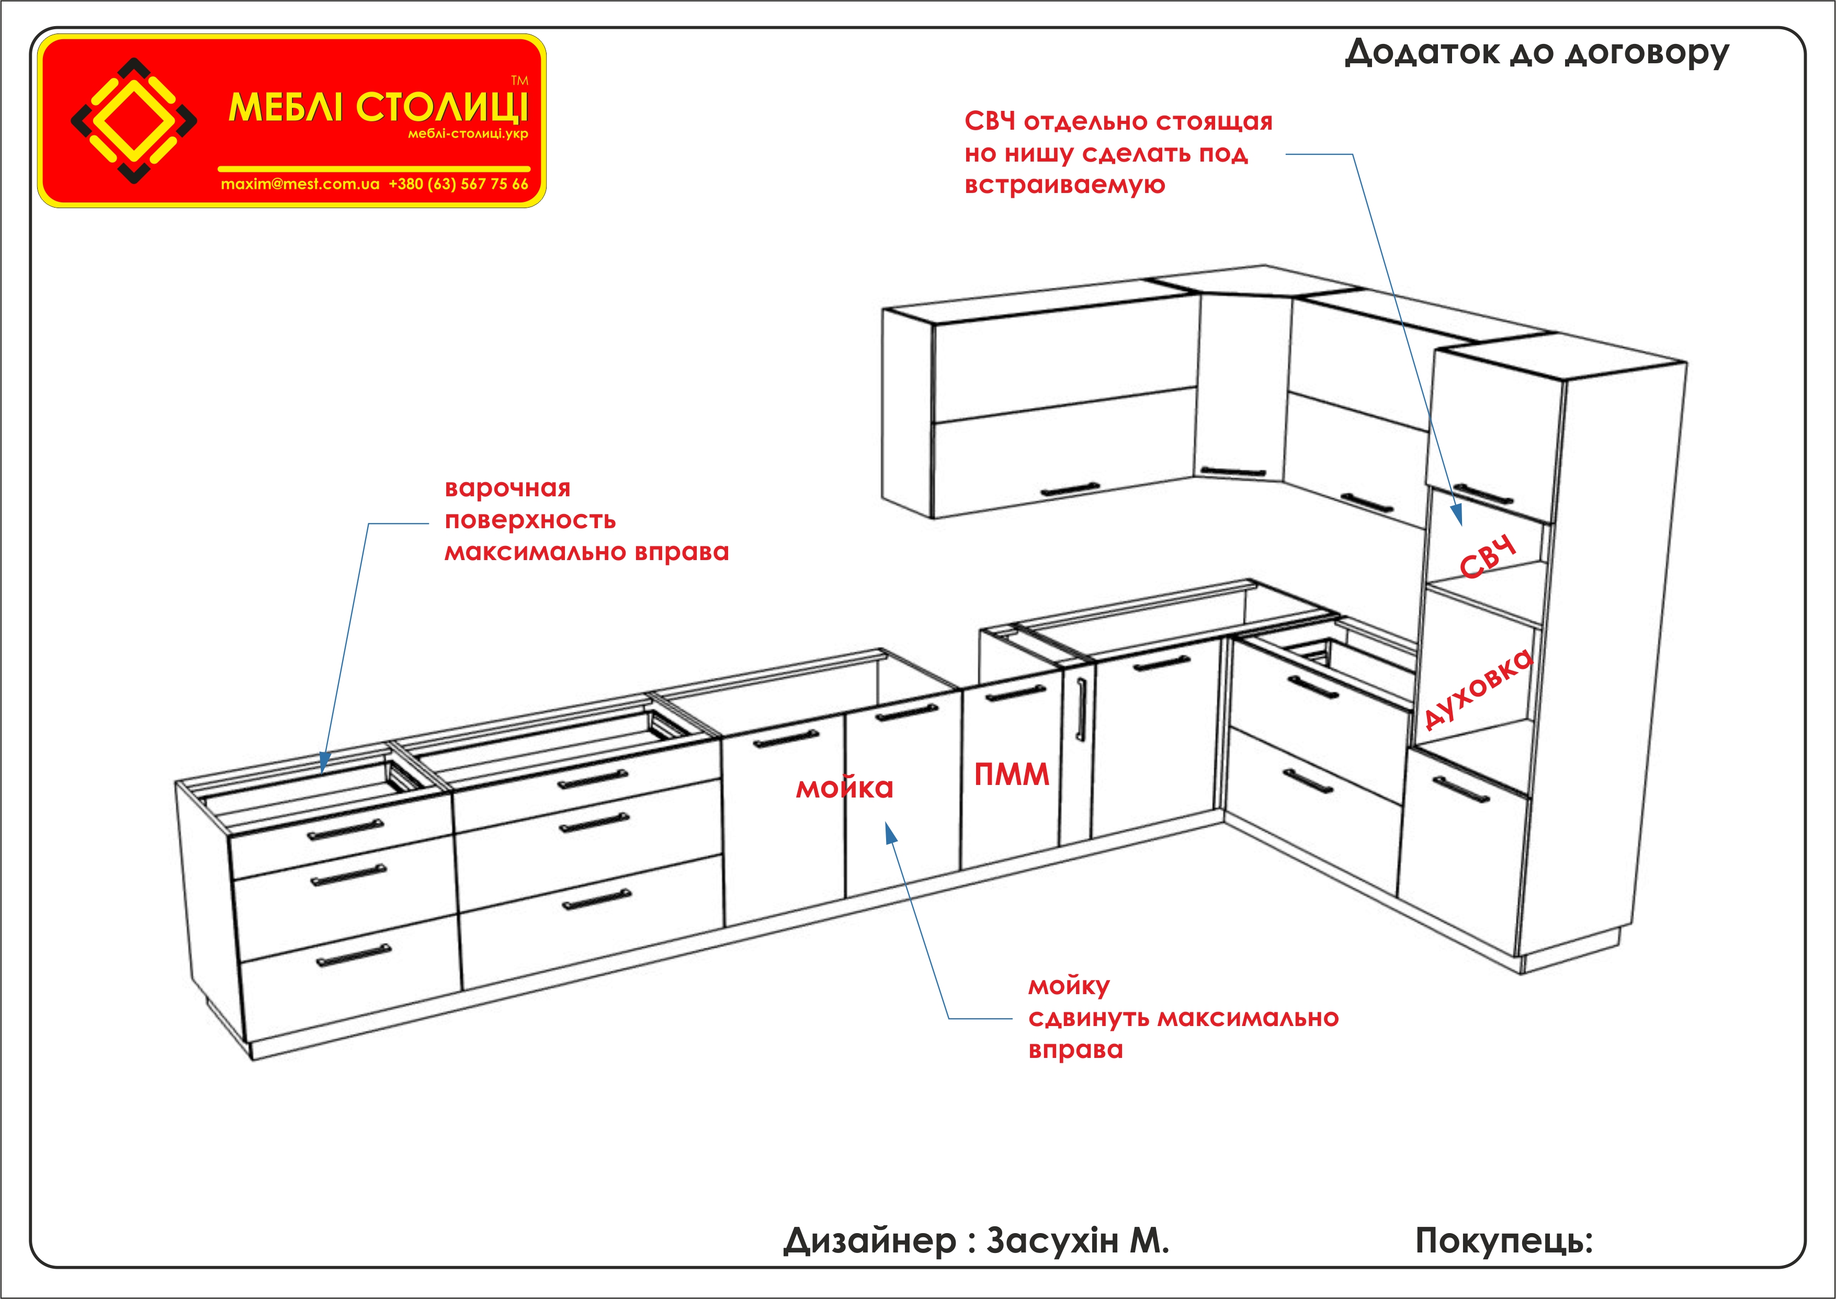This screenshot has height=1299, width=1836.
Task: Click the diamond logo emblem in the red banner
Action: click(133, 121)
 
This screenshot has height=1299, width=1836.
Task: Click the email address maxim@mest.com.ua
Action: click(300, 184)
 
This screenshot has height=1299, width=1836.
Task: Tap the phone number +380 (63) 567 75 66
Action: click(458, 184)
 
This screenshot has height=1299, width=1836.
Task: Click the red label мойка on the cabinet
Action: click(844, 788)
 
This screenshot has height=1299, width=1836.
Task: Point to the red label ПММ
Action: click(1011, 774)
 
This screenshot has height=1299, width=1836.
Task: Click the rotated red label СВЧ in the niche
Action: click(1487, 557)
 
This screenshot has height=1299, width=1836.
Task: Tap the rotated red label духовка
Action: click(1478, 689)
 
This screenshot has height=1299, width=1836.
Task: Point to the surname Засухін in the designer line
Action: click(1052, 1240)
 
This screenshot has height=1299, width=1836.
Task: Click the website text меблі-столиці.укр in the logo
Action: click(468, 133)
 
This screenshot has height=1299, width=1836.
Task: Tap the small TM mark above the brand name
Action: click(520, 80)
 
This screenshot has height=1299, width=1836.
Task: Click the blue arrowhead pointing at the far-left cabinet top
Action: click(324, 762)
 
